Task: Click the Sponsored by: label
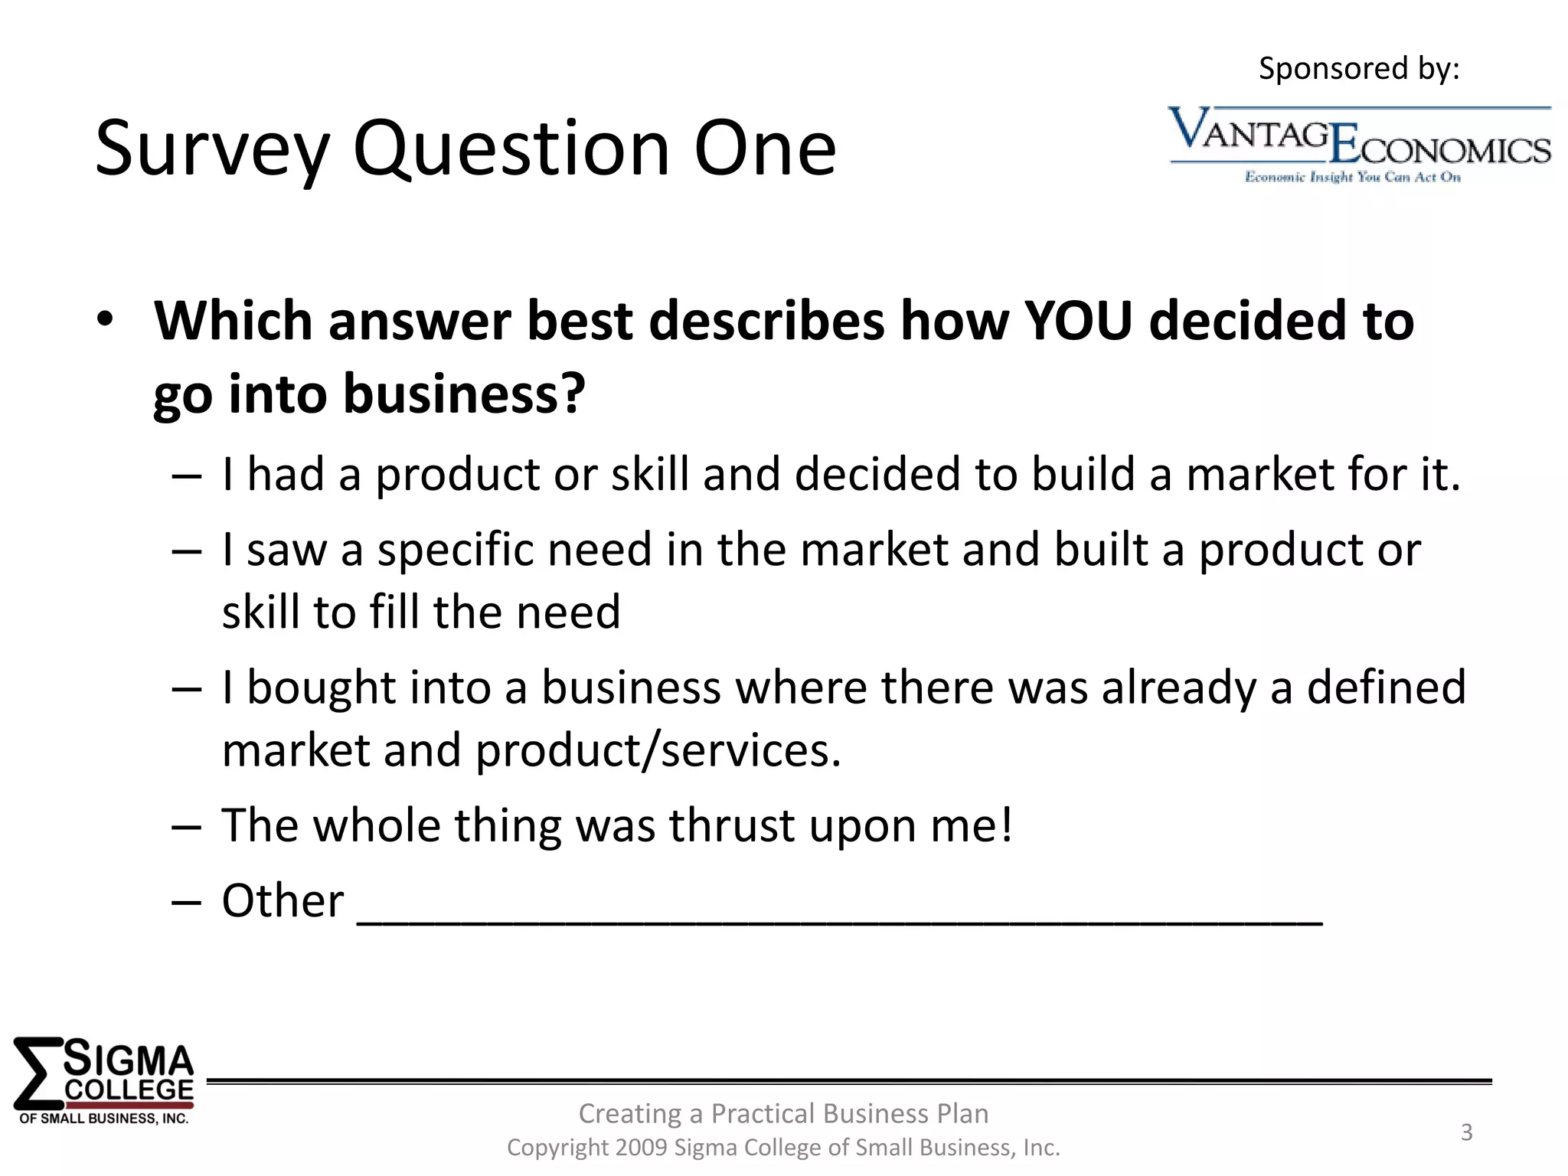pos(1359,69)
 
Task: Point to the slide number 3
pos(1466,1132)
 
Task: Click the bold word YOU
pos(1077,320)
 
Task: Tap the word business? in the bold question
pos(464,394)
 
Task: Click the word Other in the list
pos(283,900)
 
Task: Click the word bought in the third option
pos(321,687)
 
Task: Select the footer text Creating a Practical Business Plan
pos(783,1113)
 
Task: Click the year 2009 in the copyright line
pos(641,1148)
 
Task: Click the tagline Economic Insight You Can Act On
pos(1352,178)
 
